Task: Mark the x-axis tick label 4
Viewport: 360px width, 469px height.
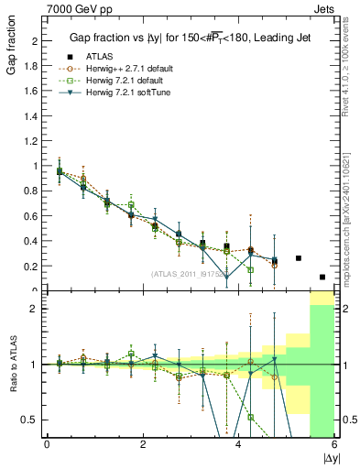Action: point(238,444)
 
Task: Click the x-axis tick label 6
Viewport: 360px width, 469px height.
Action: point(334,444)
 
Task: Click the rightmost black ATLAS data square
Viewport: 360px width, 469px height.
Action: point(322,277)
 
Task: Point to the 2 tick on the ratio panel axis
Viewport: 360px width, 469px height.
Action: point(37,309)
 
